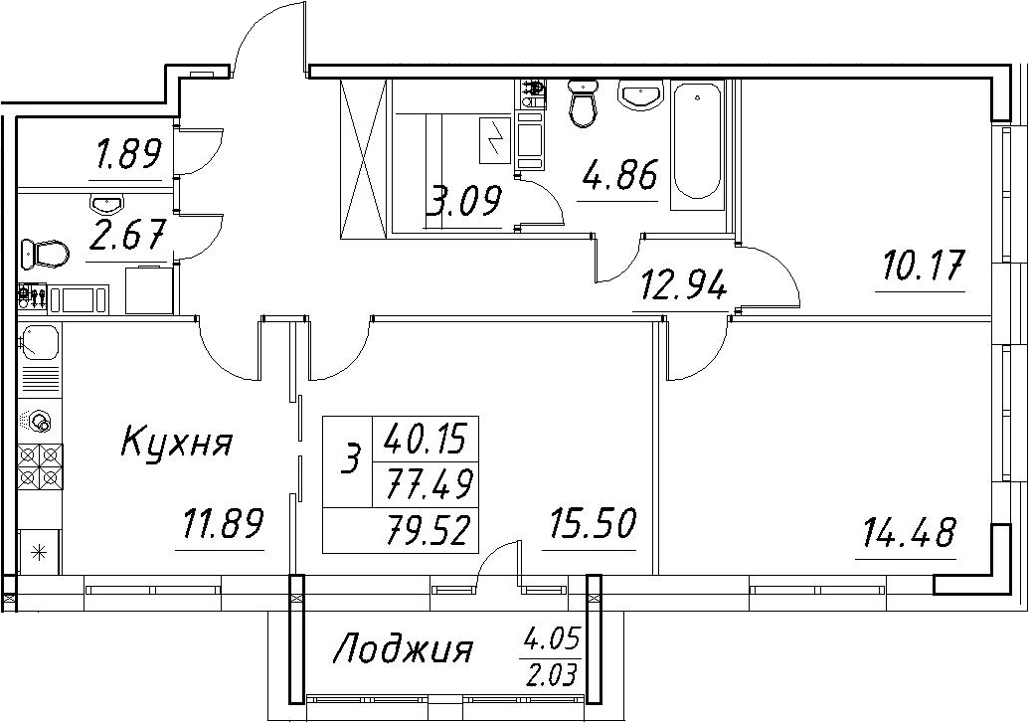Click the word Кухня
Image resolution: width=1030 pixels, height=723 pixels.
(177, 443)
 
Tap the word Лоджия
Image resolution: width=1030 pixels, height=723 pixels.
(404, 650)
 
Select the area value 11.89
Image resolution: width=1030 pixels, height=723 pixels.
(221, 524)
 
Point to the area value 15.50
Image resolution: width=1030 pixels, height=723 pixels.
(590, 524)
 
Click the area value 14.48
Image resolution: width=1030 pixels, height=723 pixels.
(906, 532)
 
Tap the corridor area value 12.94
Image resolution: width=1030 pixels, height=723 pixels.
(679, 286)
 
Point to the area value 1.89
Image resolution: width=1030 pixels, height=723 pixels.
(127, 155)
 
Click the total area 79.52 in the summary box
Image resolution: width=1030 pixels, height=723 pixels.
(429, 531)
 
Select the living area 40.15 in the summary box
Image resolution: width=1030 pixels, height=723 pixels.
(426, 439)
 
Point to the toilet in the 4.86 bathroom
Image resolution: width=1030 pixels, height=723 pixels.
(582, 102)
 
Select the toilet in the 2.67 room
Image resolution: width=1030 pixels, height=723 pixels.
(46, 252)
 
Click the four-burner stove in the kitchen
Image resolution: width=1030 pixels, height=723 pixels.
(41, 466)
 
